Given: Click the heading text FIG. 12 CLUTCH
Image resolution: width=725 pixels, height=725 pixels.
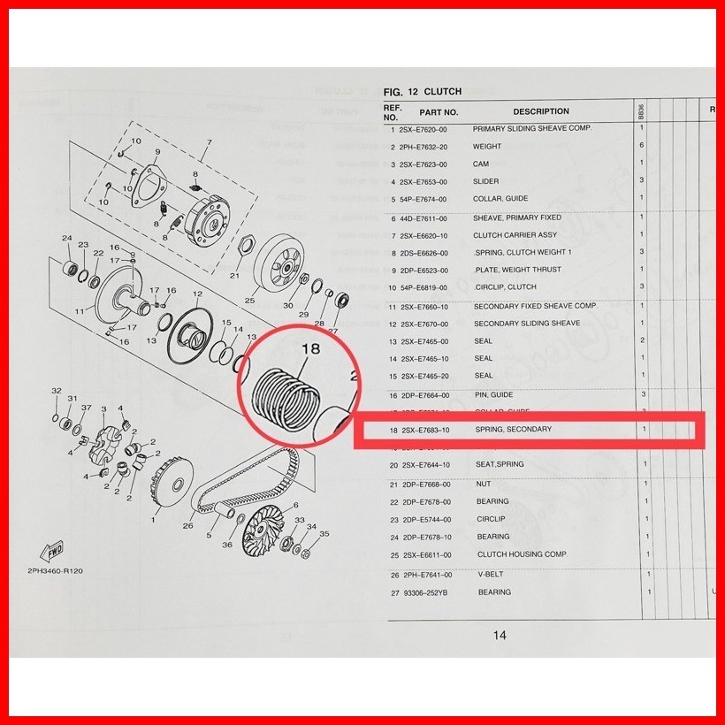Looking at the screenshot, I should [x=423, y=92].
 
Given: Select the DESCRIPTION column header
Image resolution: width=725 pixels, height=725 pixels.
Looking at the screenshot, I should [x=541, y=112].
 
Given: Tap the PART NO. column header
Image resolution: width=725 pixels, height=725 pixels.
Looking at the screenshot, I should [x=439, y=112].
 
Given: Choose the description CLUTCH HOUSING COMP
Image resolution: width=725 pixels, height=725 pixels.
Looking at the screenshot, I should [x=522, y=555].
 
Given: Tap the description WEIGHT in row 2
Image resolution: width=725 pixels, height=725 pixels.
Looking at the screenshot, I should [x=487, y=147].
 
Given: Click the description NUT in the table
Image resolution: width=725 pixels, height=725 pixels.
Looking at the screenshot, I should [x=483, y=485].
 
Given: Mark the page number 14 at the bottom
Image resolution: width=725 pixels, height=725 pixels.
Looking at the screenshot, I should [x=500, y=635].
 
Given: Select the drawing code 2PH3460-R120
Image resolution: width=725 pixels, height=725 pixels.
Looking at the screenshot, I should [x=55, y=571].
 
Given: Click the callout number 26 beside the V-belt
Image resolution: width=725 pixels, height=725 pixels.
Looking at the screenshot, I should [x=187, y=526].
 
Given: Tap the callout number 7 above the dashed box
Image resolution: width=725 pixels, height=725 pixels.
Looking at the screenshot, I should [x=209, y=142].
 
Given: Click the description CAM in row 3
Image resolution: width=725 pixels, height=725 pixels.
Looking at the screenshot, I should [x=481, y=164].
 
